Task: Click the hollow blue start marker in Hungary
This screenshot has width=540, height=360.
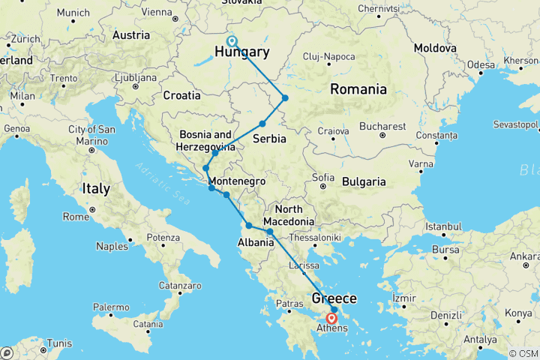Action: coord(232,41)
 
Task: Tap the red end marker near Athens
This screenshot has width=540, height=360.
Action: coord(332,318)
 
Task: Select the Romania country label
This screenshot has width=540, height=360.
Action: coord(358,90)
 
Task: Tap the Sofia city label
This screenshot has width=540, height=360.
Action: coord(322,178)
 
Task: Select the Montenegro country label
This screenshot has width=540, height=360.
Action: coord(237,181)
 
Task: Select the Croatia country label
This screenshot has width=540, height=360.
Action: coord(182,95)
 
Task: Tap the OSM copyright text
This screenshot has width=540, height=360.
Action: coord(523,353)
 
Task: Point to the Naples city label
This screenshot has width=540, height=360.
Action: coord(112,246)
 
